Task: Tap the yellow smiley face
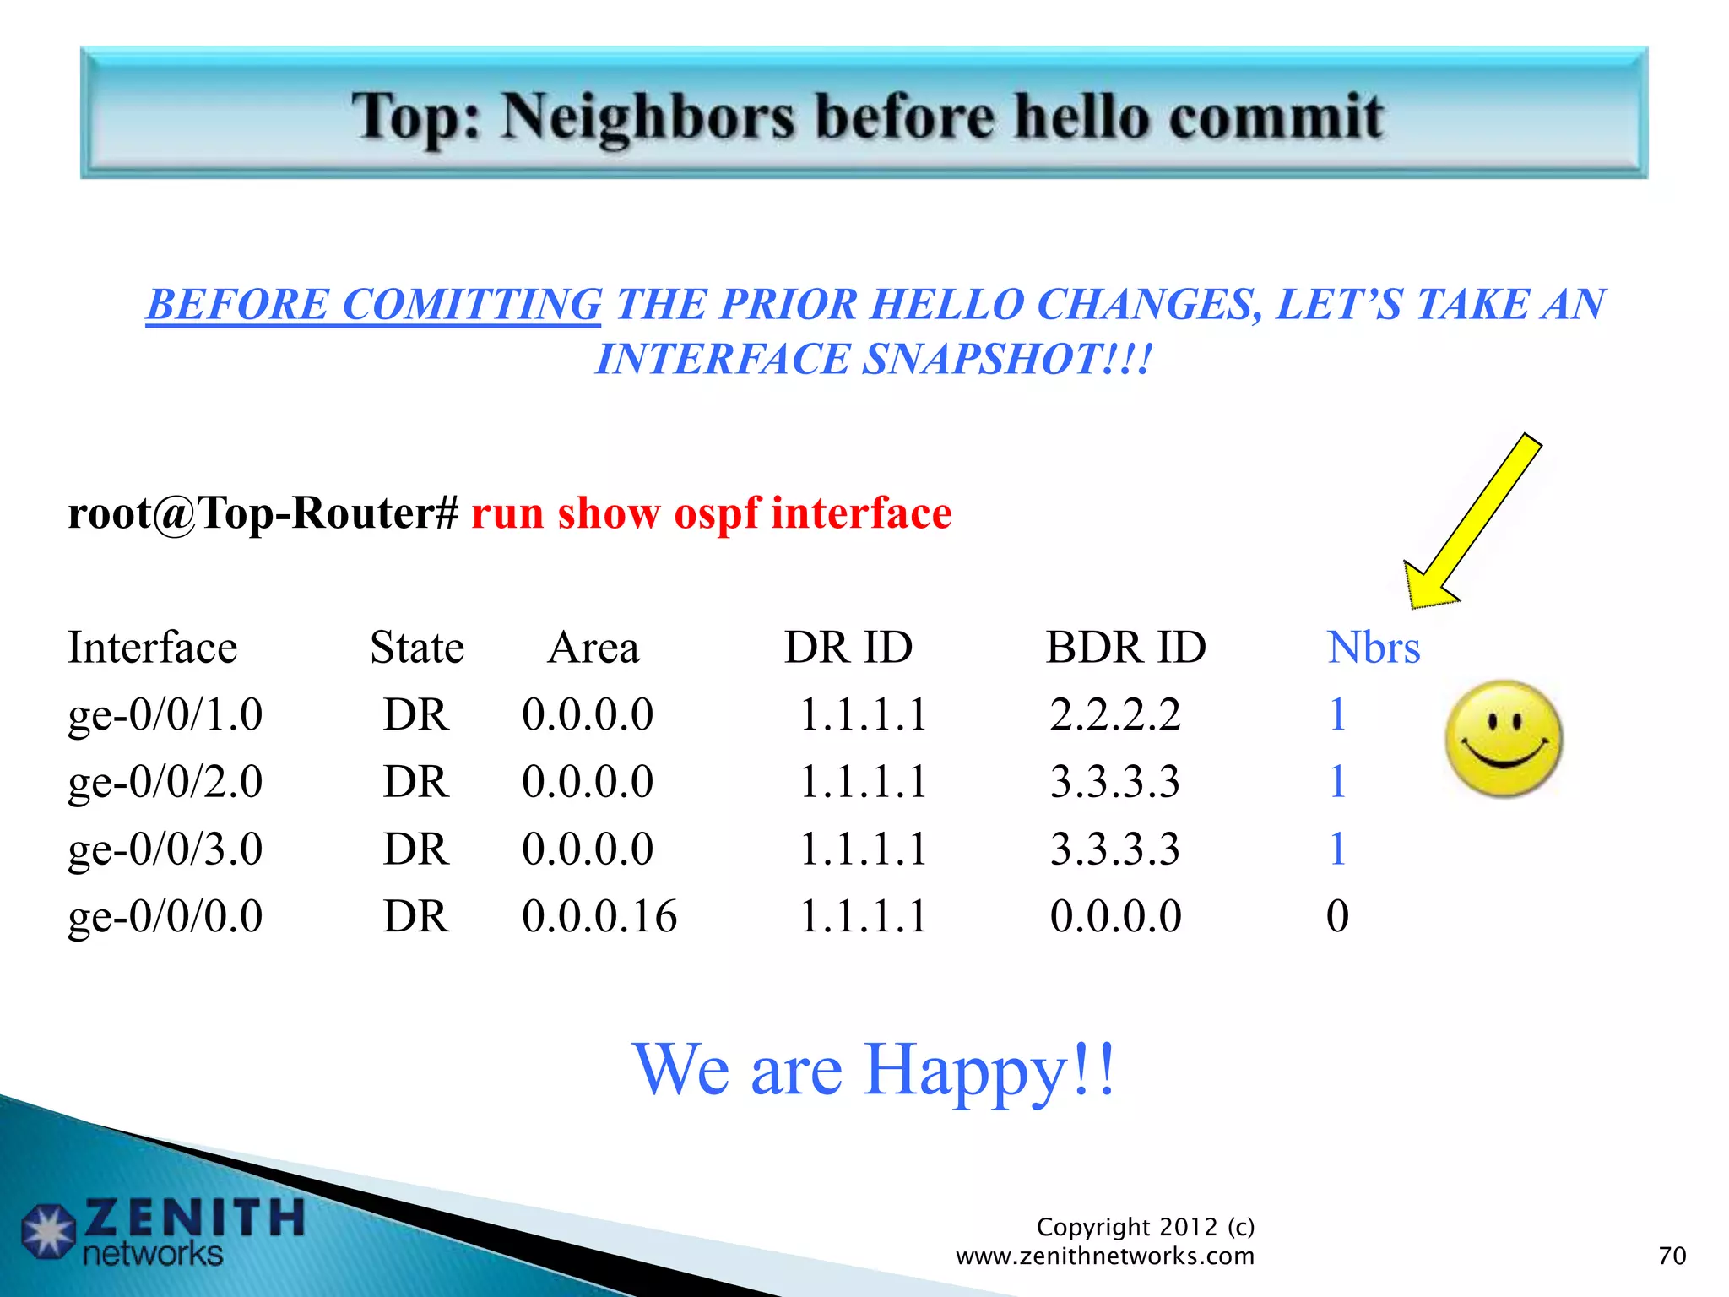click(1504, 740)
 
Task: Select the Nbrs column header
click(1373, 648)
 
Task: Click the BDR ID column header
click(1125, 648)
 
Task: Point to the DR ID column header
click(848, 648)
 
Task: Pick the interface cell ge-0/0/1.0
click(165, 715)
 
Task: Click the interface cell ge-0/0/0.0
click(165, 917)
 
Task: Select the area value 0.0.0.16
click(599, 917)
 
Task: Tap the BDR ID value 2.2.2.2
click(1114, 715)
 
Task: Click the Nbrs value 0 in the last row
click(1337, 917)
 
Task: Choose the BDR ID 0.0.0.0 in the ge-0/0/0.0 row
click(1115, 917)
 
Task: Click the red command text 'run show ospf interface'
click(711, 513)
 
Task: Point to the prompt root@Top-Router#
click(263, 513)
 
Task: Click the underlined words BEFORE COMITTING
click(373, 305)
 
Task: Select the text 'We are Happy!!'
click(875, 1070)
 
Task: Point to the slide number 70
click(1672, 1256)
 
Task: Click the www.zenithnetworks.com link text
click(1104, 1256)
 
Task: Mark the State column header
click(417, 648)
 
